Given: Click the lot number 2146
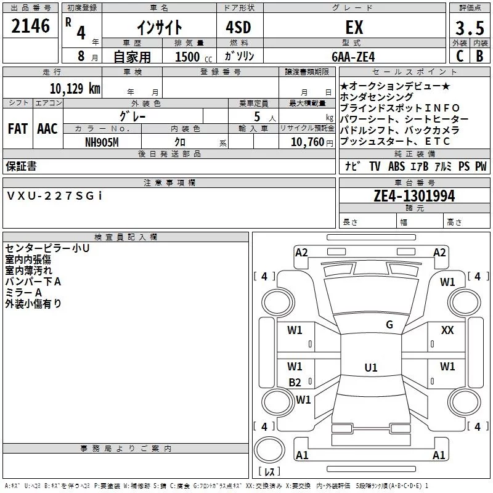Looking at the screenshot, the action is click(30, 26).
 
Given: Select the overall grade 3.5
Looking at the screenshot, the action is click(470, 28).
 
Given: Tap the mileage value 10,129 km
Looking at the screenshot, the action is click(75, 89).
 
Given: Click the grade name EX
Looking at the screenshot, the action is click(354, 27).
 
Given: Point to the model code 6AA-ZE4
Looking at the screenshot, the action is click(353, 57).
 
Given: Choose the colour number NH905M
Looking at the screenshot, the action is click(102, 142).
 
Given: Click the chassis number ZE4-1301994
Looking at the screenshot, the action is click(414, 196).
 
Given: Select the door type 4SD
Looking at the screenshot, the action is click(238, 27).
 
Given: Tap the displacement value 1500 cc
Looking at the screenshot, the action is click(194, 57).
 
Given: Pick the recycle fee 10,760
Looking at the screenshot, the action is click(308, 142).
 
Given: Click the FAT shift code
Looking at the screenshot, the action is click(18, 129).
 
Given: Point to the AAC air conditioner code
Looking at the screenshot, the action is click(47, 129).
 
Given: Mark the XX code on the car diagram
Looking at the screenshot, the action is click(447, 330).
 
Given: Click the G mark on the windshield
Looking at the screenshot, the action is click(389, 325).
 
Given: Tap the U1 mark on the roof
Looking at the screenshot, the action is click(371, 367).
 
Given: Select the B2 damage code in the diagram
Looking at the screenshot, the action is click(295, 382).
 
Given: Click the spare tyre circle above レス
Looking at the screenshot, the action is click(269, 450).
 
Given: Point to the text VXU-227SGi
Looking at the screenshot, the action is click(54, 196).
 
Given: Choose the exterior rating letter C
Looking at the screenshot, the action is click(460, 56).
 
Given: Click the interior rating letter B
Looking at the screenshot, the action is click(480, 56).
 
